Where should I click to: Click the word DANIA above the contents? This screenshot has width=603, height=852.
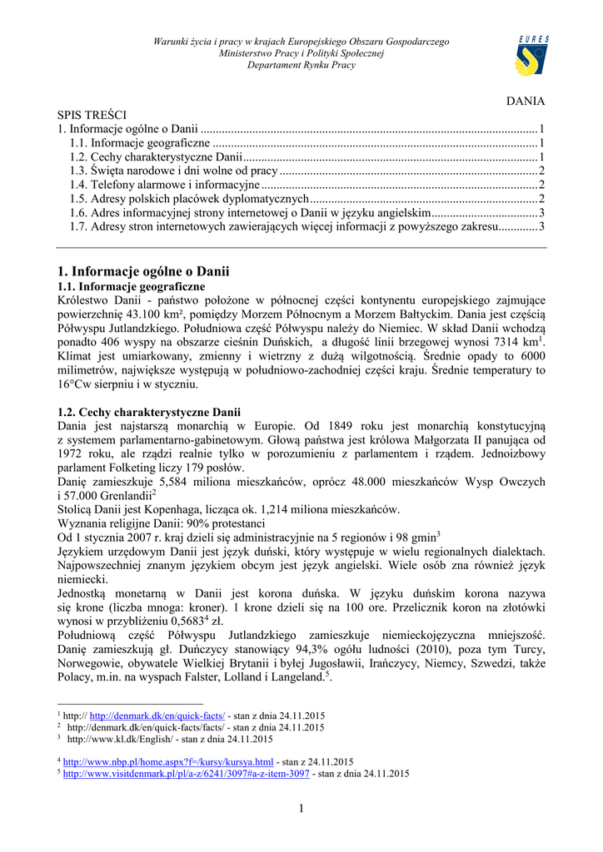pos(526,101)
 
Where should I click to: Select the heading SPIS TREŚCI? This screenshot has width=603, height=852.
pos(92,115)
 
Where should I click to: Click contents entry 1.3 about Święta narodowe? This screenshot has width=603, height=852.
pos(173,171)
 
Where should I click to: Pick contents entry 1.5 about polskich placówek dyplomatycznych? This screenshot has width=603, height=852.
pos(189,199)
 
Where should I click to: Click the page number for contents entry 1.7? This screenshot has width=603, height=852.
pos(541,226)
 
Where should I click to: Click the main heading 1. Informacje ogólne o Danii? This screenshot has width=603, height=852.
pos(142,271)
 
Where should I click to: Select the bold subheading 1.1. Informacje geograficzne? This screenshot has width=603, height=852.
pos(131,286)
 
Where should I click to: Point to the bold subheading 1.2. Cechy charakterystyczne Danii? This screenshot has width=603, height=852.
pos(149,412)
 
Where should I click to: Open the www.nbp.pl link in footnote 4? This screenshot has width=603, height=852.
pos(168,761)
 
